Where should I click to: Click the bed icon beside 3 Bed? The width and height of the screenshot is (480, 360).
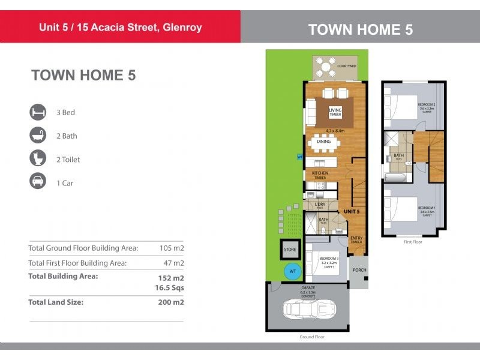tap(38, 112)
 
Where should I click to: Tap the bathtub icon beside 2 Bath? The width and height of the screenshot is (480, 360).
tap(38, 136)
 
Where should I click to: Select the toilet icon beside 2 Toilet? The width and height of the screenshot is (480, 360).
tap(38, 160)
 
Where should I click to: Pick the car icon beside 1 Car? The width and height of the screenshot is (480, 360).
tap(38, 183)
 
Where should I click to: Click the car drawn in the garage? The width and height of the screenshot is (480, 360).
tap(307, 310)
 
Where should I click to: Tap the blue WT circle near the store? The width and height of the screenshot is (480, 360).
tap(293, 271)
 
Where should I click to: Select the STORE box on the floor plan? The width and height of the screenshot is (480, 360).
tap(290, 248)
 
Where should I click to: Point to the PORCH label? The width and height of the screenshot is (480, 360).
tap(359, 270)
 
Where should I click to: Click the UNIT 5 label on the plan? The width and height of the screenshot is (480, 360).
tap(351, 212)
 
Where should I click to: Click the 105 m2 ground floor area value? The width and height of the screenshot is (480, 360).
tap(172, 248)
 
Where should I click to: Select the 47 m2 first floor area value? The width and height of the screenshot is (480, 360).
tap(173, 263)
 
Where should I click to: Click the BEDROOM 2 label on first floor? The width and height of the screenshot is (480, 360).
tap(427, 104)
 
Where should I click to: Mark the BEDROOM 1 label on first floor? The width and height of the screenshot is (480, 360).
tap(427, 208)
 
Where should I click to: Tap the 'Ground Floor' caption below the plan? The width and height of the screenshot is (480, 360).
tap(312, 337)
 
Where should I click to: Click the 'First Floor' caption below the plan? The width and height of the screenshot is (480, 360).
tap(413, 242)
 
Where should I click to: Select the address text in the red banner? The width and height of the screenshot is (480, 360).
tap(120, 27)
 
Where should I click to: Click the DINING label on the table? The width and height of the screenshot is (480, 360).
tap(324, 142)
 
